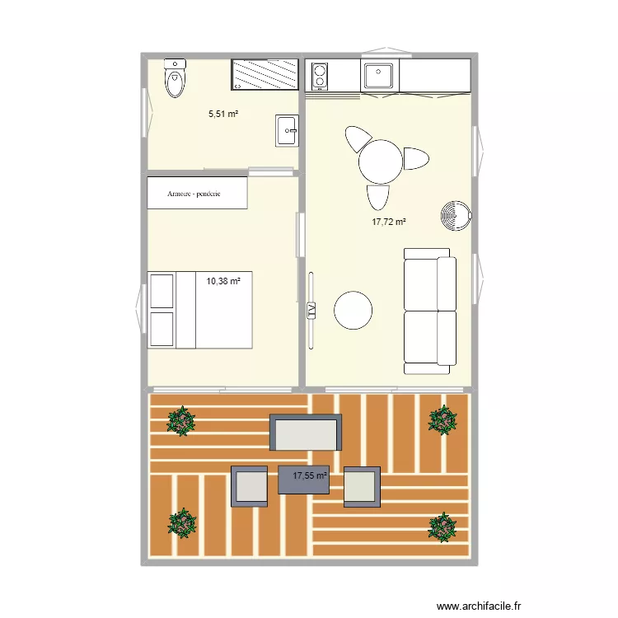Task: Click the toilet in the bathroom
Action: tap(175, 79)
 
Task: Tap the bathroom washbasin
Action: tap(286, 129)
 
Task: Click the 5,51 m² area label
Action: tap(223, 115)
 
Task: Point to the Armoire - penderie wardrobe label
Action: tap(196, 193)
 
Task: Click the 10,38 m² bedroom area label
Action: tap(223, 281)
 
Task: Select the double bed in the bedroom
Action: tap(199, 309)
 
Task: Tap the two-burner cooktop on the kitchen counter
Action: tap(318, 77)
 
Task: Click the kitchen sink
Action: tap(380, 77)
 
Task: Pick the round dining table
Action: tap(380, 162)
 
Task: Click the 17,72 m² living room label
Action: tap(390, 222)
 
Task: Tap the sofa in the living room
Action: tap(429, 310)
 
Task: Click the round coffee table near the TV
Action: tap(353, 311)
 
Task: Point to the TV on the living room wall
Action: tap(311, 310)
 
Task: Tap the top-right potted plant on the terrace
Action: tap(442, 420)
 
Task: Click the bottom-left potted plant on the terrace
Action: tap(181, 522)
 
